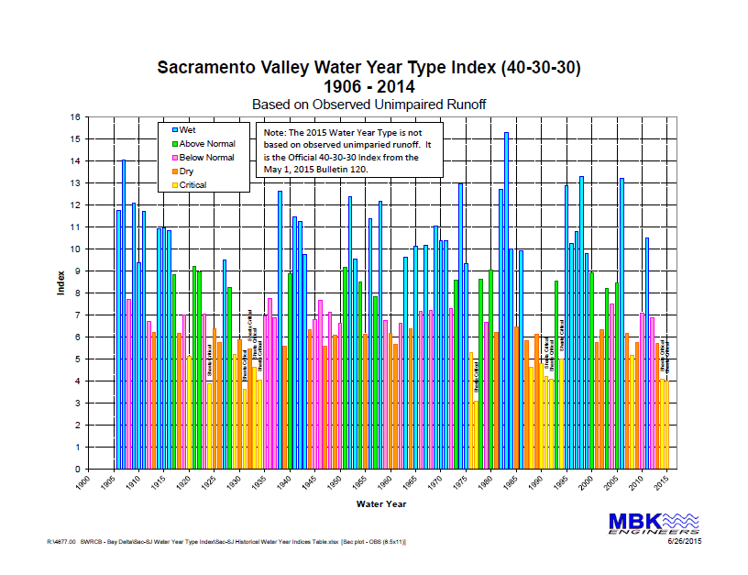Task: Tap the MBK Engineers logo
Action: click(x=654, y=524)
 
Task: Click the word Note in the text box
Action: click(x=274, y=133)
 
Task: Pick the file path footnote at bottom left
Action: click(x=225, y=542)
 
